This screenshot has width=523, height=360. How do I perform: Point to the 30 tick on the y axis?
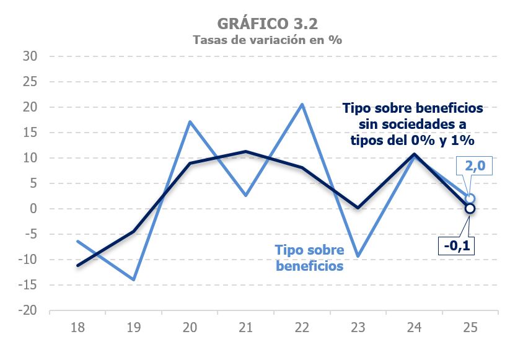pos(31,56)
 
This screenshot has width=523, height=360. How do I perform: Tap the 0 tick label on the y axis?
pos(34,209)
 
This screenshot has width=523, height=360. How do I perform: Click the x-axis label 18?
pos(77,327)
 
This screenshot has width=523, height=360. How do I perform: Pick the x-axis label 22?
pos(302,327)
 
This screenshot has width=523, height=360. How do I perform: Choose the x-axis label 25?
pos(470,327)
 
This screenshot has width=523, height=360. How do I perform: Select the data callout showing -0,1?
pos(459,245)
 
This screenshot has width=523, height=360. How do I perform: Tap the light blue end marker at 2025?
pos(470,198)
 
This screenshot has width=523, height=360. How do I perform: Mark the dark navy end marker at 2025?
pos(470,209)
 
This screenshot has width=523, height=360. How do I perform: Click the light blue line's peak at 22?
pos(302,104)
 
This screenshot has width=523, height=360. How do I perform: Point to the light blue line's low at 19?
pos(133,279)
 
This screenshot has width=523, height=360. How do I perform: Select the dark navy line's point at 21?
pos(246,151)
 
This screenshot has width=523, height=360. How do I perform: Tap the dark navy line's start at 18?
pos(77,265)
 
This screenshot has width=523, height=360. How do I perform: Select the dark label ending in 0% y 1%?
pos(413,124)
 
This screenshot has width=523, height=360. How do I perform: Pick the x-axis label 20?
pos(190,327)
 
